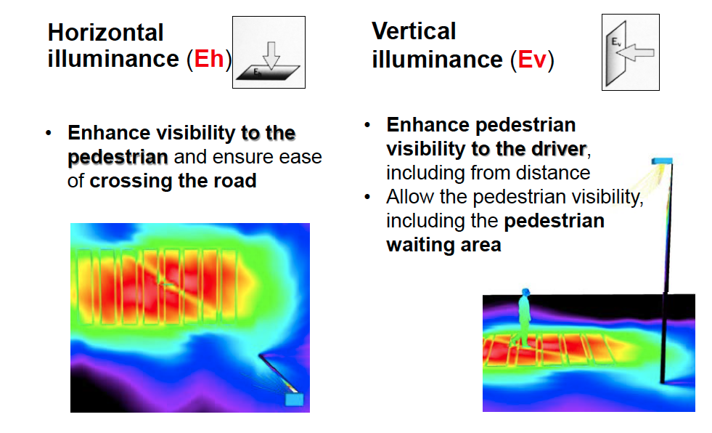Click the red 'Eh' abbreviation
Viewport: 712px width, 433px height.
[209, 59]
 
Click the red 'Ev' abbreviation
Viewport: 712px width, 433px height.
[532, 60]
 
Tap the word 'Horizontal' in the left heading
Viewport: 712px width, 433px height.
[105, 33]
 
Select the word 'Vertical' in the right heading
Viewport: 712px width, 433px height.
[414, 31]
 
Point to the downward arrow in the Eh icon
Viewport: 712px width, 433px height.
[271, 55]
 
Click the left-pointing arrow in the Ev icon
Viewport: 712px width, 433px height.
[635, 53]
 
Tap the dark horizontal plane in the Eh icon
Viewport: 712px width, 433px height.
[268, 73]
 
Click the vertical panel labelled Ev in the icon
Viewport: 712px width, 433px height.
[616, 54]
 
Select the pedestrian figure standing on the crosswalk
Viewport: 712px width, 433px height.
[524, 317]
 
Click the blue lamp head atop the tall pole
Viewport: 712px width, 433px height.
[662, 161]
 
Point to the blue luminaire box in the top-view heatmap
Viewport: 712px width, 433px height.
[294, 400]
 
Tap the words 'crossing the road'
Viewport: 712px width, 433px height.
[173, 181]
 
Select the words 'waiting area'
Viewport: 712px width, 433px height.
[443, 245]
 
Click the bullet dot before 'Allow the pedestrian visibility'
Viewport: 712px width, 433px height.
[367, 197]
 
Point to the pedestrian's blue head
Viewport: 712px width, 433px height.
[525, 292]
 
